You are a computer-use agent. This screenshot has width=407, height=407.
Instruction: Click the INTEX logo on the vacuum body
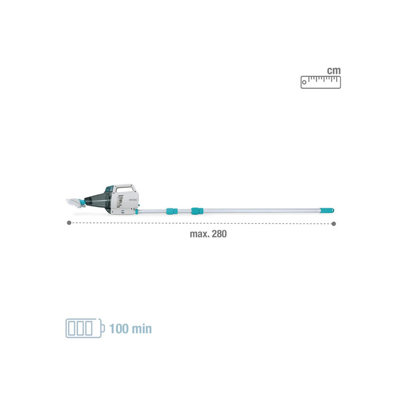(x=133, y=200)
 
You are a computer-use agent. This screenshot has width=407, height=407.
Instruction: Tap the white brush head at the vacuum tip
(x=75, y=202)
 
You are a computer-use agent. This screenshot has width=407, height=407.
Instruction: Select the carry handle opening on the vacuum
(x=124, y=189)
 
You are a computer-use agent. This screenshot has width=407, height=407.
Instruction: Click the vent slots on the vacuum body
(x=119, y=201)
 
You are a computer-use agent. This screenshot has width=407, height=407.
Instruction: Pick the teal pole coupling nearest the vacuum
(x=172, y=211)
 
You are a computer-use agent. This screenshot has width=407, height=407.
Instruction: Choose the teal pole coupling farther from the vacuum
(x=197, y=211)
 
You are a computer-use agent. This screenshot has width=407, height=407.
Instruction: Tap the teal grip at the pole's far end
(x=327, y=210)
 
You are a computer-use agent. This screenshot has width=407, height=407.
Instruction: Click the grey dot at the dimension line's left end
(x=69, y=223)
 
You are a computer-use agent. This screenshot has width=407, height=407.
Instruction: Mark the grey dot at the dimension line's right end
(x=334, y=224)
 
